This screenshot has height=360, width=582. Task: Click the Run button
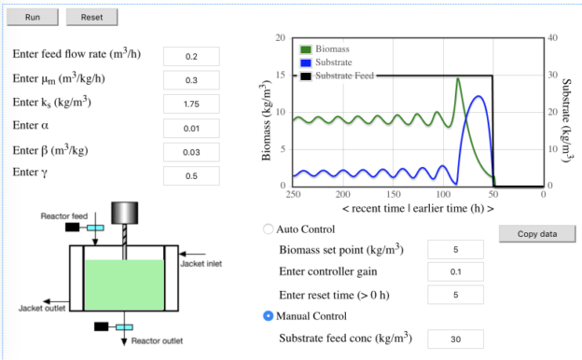(33, 17)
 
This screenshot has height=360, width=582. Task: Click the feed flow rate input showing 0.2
(191, 56)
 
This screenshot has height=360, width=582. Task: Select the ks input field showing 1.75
(191, 104)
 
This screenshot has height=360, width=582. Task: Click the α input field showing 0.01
(191, 128)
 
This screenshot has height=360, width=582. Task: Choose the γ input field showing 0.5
(191, 175)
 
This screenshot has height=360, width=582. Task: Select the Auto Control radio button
(270, 229)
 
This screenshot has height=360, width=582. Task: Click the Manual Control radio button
(270, 316)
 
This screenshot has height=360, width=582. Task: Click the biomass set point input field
(455, 250)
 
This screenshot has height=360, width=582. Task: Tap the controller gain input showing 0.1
(455, 271)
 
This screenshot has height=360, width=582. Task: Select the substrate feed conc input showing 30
(455, 339)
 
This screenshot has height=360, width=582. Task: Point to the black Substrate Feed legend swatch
(307, 76)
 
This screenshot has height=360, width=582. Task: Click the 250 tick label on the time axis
(293, 194)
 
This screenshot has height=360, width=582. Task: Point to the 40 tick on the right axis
(551, 37)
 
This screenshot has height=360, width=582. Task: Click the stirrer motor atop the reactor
(124, 213)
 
